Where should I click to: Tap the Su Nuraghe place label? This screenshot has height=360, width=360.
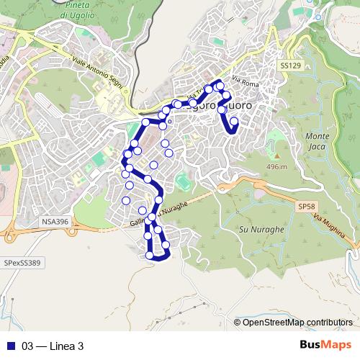coord(252,229)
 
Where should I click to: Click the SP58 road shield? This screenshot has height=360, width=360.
coord(306,207)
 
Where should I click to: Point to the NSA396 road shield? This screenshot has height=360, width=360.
coord(55,222)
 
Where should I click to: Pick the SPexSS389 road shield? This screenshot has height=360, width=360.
coord(22,264)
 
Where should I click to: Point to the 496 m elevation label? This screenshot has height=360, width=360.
coord(276,167)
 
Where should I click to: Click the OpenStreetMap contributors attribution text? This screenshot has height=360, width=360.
coord(297,322)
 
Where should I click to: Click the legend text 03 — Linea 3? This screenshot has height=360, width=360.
coord(53,346)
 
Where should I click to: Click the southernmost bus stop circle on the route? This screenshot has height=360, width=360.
coord(150,255)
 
